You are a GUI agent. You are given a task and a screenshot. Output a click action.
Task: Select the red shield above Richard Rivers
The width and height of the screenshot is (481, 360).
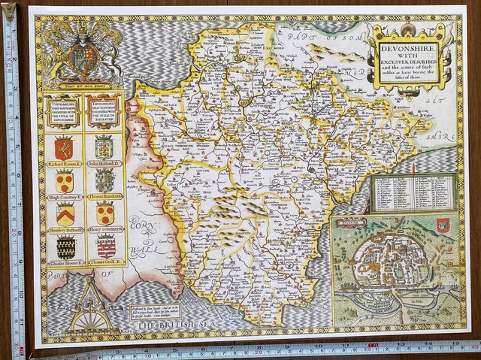pos(64,147)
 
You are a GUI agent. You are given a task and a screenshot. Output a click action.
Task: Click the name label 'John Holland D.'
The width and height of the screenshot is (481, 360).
pos(105,163)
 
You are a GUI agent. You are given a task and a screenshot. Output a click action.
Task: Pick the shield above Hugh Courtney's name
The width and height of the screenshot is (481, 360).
pos(65,181)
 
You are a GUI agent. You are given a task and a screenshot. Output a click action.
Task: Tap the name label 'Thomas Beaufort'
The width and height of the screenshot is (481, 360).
pos(105,196)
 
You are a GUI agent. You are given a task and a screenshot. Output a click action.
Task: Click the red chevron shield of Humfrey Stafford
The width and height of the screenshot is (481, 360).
pos(65,213)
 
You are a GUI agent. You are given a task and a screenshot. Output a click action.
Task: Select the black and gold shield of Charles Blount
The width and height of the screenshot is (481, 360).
pos(65,247)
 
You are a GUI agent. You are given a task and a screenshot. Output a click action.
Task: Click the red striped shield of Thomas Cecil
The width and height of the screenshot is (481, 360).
pos(105,246)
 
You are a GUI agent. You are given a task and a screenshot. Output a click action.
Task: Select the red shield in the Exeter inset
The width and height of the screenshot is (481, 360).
pos(443,225)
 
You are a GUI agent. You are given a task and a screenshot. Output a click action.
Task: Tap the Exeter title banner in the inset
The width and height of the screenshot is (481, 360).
pos(353,222)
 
